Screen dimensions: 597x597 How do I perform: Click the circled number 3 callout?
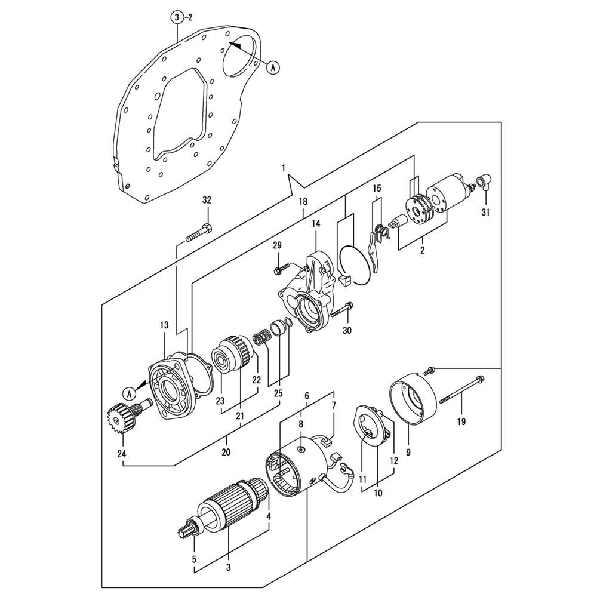[177, 17]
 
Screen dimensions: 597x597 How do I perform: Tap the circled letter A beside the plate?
[273, 67]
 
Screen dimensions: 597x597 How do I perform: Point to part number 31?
[485, 213]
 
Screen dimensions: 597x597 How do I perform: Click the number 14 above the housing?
[316, 223]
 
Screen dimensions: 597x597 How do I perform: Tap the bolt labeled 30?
[342, 310]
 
